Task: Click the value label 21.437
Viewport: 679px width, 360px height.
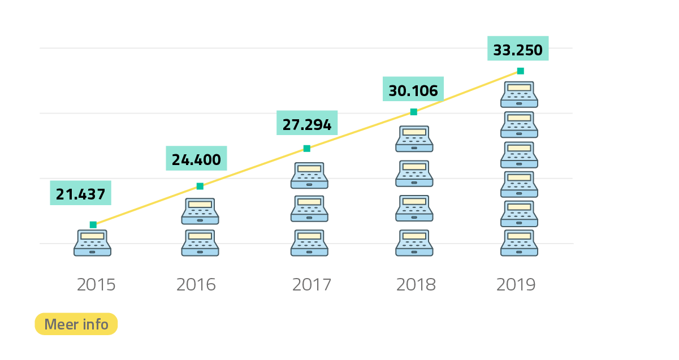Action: click(80, 194)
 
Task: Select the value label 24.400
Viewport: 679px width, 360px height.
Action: click(196, 159)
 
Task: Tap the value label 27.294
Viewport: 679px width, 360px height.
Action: click(307, 124)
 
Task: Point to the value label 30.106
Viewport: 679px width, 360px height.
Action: click(413, 90)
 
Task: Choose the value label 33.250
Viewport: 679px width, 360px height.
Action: click(518, 50)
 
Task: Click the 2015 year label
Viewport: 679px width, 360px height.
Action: click(96, 284)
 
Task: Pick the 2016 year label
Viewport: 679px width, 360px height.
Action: click(196, 284)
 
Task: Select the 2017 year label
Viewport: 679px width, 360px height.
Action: click(312, 284)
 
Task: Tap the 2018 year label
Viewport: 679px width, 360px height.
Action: click(416, 284)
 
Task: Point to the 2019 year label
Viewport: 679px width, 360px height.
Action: click(516, 284)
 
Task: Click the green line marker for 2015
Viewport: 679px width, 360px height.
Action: click(93, 225)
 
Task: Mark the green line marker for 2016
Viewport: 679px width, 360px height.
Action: click(200, 186)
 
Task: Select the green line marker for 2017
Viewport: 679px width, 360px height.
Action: click(306, 149)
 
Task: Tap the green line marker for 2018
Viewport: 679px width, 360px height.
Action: click(413, 112)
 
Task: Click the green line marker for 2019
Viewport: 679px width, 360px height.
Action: click(520, 71)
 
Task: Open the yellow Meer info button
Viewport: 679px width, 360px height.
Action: click(76, 324)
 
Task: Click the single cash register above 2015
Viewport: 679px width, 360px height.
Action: click(93, 243)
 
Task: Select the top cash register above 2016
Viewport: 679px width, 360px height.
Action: click(200, 211)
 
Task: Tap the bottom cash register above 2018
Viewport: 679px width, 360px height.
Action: click(414, 243)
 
